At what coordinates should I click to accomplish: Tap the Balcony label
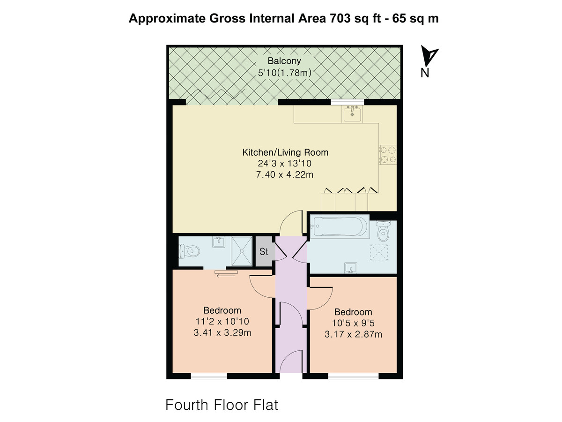[284, 61]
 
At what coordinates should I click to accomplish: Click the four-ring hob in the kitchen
[388, 155]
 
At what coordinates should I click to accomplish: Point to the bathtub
[339, 226]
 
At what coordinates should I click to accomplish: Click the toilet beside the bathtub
[383, 231]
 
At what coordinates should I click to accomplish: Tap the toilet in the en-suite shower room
[190, 251]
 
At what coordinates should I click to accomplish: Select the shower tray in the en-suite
[242, 251]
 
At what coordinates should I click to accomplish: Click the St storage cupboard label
[264, 251]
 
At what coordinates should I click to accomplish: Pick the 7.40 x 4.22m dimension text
[285, 175]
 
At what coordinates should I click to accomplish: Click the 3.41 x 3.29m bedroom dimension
[222, 332]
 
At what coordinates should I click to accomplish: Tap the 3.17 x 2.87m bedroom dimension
[353, 334]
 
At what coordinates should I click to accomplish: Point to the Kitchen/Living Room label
[285, 152]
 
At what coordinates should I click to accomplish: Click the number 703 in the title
[340, 18]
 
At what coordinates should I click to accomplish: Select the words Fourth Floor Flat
[222, 405]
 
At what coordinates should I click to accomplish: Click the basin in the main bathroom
[351, 268]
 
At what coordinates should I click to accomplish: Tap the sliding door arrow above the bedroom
[226, 276]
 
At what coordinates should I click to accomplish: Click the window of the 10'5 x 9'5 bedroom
[353, 376]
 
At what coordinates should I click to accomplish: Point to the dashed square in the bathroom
[379, 253]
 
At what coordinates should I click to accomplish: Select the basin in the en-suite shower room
[219, 242]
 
